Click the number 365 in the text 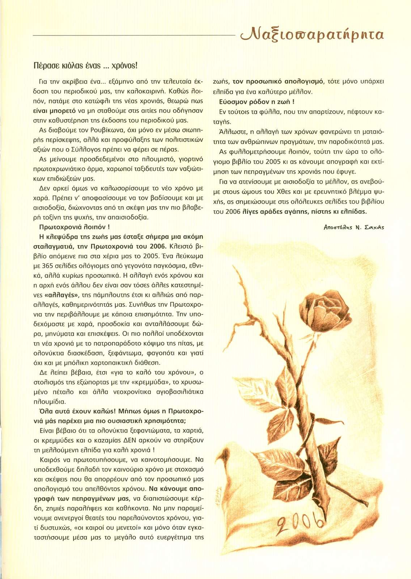click(x=48, y=266)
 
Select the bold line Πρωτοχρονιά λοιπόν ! click(x=74, y=227)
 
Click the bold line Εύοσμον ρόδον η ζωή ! click(x=257, y=102)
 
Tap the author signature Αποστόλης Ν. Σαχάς click(x=353, y=227)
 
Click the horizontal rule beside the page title click(x=134, y=35)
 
